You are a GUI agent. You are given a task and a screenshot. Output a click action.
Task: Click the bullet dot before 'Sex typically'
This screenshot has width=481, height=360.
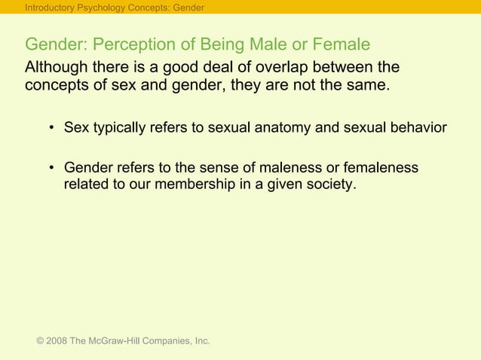click(x=52, y=128)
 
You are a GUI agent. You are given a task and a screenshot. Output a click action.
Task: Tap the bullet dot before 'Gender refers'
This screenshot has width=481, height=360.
click(x=52, y=167)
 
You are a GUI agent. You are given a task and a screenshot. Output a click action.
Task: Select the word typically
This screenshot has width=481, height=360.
click(x=120, y=128)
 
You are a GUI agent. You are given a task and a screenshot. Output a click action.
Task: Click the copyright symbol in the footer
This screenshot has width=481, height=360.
click(x=40, y=341)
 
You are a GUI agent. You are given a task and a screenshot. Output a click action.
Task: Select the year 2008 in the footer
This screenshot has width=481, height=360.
click(x=57, y=341)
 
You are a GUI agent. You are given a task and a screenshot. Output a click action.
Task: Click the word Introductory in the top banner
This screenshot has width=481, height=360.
click(x=51, y=8)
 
